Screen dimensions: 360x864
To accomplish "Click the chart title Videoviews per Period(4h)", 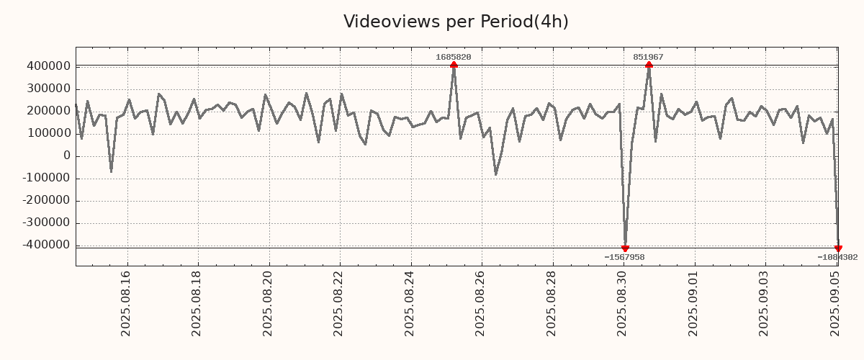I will point(456,22).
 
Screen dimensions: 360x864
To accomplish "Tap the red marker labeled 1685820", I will point(454,66).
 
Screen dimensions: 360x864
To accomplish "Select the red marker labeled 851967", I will point(649,66).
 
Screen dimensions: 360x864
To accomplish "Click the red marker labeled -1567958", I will point(625,248).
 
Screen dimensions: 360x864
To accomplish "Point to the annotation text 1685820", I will point(454,57).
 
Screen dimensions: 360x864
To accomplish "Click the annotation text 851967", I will point(649,57).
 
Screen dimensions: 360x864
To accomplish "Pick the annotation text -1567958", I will point(625,257).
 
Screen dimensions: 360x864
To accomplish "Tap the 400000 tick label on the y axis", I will point(48,66).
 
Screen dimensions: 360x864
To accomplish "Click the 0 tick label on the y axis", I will point(67,156).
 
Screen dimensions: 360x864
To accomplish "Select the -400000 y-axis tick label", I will point(45,245).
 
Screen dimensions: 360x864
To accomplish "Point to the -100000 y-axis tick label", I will point(45,178).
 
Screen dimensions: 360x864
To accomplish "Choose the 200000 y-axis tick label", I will point(48,111).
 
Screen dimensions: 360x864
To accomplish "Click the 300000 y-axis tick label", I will point(48,89).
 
